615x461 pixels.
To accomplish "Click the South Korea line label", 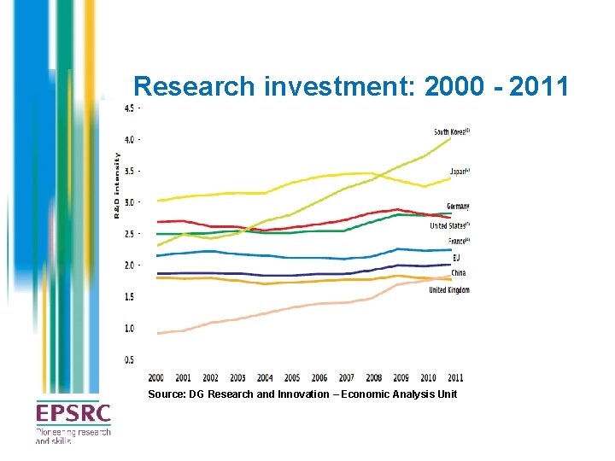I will coord(452,132).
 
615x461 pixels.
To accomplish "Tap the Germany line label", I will coord(458,207).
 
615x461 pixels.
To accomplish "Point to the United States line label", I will coord(449,225).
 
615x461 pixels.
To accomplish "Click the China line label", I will coord(459,273).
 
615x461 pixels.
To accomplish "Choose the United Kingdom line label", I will coord(448,290).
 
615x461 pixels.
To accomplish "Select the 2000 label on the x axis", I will coord(156,377).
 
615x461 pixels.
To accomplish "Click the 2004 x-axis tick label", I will coord(265,377).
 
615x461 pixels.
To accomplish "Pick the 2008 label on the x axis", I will coord(374,377).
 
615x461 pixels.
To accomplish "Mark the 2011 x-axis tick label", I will coord(455,377).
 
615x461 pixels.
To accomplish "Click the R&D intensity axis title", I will coord(117,184).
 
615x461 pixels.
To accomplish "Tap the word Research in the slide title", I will coord(195,86).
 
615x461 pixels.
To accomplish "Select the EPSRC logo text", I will coord(73,415).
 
